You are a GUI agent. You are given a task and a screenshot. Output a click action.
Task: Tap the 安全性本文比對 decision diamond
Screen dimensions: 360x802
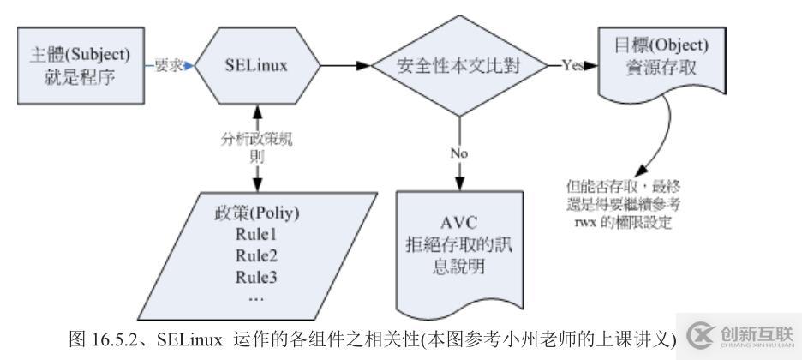coord(460,65)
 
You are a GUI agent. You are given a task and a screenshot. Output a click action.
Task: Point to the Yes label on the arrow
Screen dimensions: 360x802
coord(573,64)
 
